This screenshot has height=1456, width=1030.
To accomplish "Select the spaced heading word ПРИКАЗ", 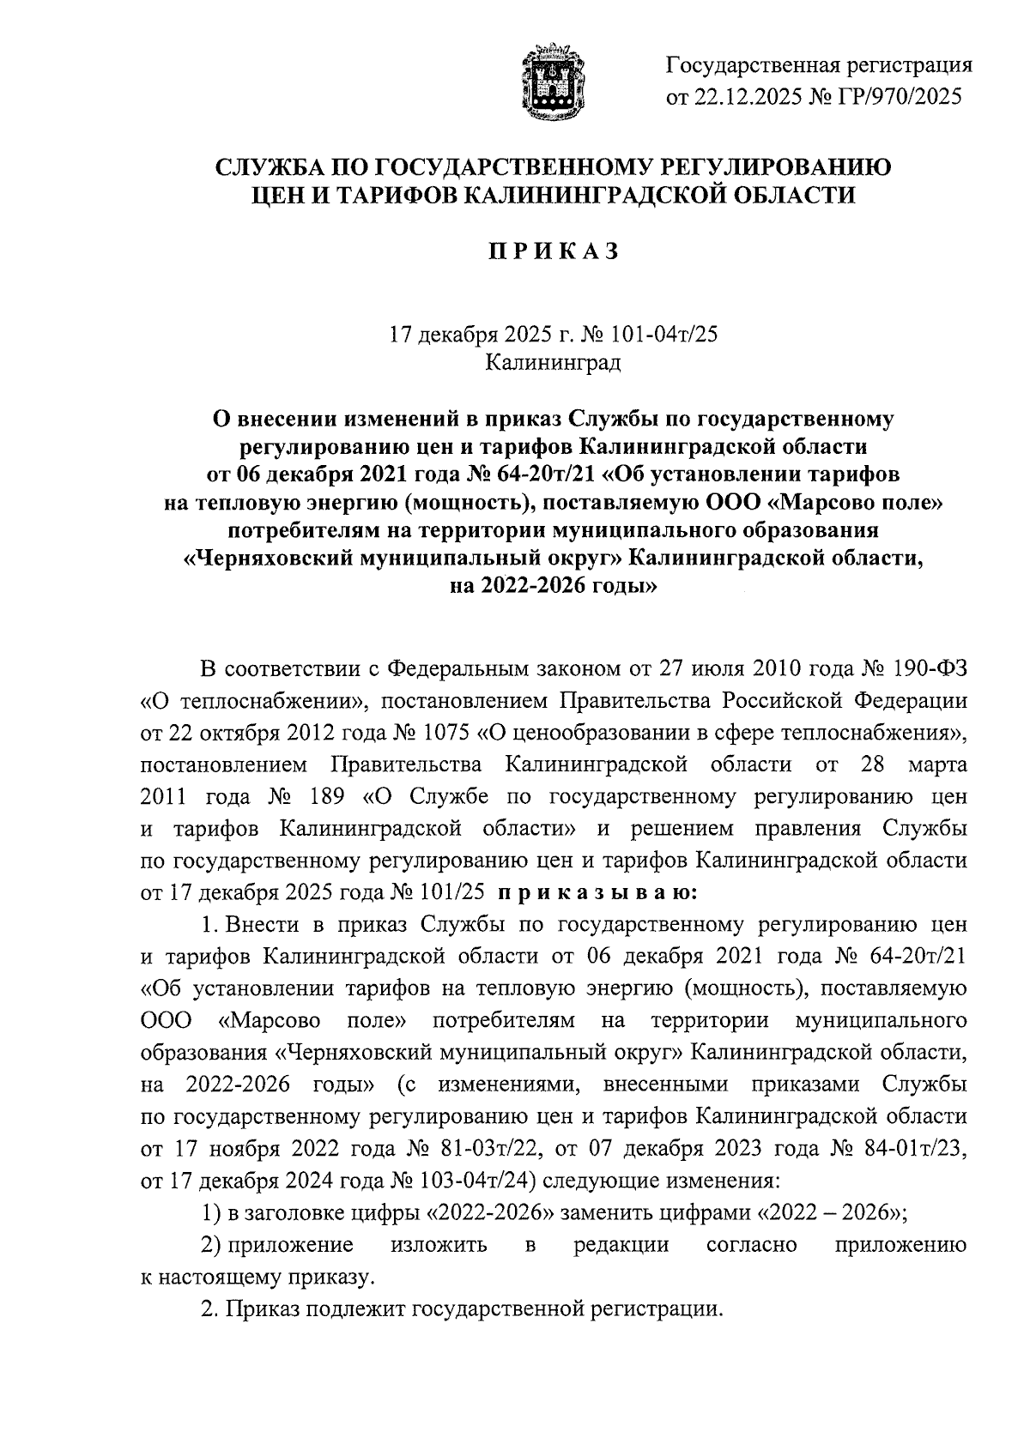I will (553, 251).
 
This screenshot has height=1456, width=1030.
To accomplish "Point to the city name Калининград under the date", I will (553, 364).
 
